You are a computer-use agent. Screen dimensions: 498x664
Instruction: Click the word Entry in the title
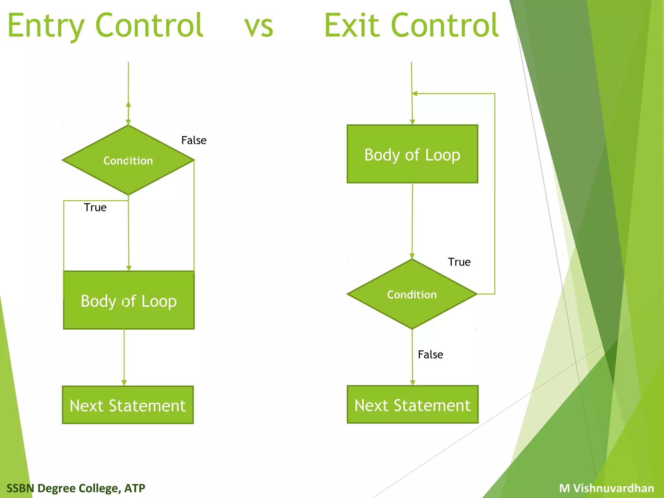[x=45, y=26]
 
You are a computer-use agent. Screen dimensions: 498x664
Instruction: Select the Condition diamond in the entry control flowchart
[x=128, y=160]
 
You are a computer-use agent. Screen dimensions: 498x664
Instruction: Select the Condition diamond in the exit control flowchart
[x=412, y=294]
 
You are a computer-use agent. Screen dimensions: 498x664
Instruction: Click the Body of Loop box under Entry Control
[x=129, y=301]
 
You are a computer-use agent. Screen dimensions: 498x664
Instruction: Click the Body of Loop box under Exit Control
[x=412, y=154]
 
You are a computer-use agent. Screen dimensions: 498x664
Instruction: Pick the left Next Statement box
[x=128, y=405]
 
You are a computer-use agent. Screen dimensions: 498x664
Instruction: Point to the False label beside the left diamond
[x=194, y=140]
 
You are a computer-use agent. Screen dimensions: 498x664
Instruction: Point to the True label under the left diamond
[x=95, y=207]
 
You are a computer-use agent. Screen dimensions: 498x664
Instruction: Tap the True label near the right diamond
[x=459, y=262]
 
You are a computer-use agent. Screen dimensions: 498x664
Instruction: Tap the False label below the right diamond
[x=430, y=354]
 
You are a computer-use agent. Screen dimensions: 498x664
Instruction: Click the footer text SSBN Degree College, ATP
[x=76, y=488]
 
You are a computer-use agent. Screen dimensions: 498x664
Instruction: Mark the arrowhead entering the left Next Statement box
[x=124, y=383]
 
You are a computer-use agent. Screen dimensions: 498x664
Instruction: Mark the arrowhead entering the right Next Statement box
[x=412, y=383]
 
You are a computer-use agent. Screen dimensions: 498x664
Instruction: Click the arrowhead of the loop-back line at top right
[x=415, y=93]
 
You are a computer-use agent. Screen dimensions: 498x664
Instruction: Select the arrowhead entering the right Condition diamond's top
[x=412, y=256]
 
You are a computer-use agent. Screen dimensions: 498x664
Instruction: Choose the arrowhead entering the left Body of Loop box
[x=129, y=268]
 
